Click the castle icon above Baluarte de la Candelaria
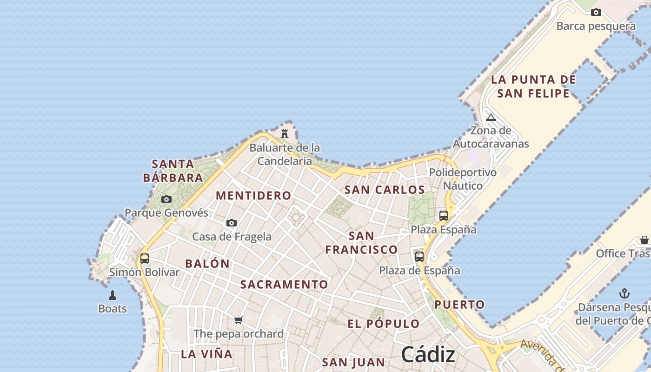(285, 134)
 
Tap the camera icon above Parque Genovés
(166, 199)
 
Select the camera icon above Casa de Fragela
(232, 223)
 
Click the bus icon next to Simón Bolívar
(145, 259)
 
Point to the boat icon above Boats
(113, 295)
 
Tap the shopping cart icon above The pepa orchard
(239, 320)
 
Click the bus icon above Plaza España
(444, 216)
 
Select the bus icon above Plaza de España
(419, 257)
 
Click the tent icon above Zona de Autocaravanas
(491, 117)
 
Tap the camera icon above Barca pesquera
(596, 13)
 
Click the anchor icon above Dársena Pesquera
(625, 293)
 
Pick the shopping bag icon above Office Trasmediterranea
(644, 240)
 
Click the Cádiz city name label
(428, 355)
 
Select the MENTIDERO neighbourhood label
(253, 196)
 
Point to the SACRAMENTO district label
(284, 285)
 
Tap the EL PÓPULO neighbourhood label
(384, 324)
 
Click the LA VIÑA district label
(206, 354)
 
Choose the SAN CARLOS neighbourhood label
(385, 190)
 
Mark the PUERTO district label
(459, 305)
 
